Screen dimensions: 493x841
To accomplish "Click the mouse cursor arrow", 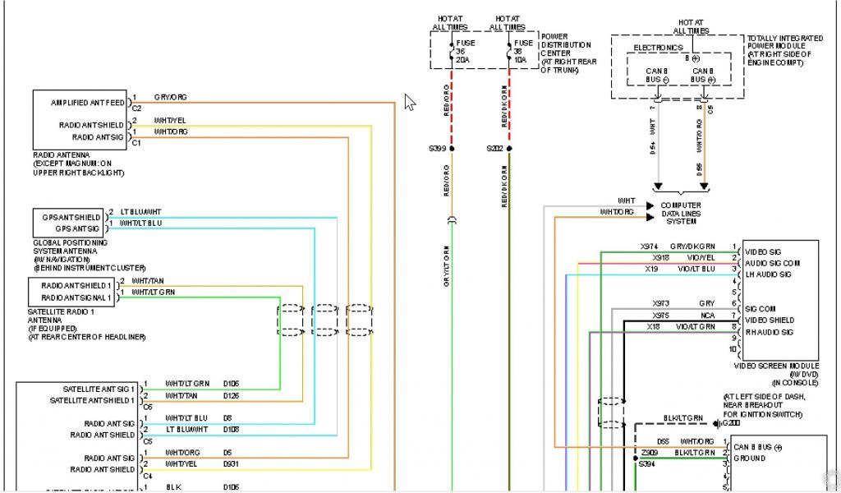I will [410, 103].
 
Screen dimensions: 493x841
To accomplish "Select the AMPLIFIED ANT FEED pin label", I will [89, 103].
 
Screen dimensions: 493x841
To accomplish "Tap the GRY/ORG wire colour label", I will [171, 98].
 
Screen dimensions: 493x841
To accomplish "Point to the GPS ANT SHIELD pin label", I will [72, 217].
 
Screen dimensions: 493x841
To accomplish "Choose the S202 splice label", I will [494, 149].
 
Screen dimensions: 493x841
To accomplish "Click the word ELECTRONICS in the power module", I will [657, 48].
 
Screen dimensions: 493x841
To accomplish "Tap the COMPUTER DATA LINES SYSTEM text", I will [681, 213].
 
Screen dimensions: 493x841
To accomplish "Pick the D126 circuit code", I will [232, 396].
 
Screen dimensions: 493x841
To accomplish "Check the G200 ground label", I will [726, 424].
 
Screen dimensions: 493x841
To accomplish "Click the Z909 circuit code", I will [650, 453].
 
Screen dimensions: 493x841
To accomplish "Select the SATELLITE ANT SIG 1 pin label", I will [99, 389].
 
